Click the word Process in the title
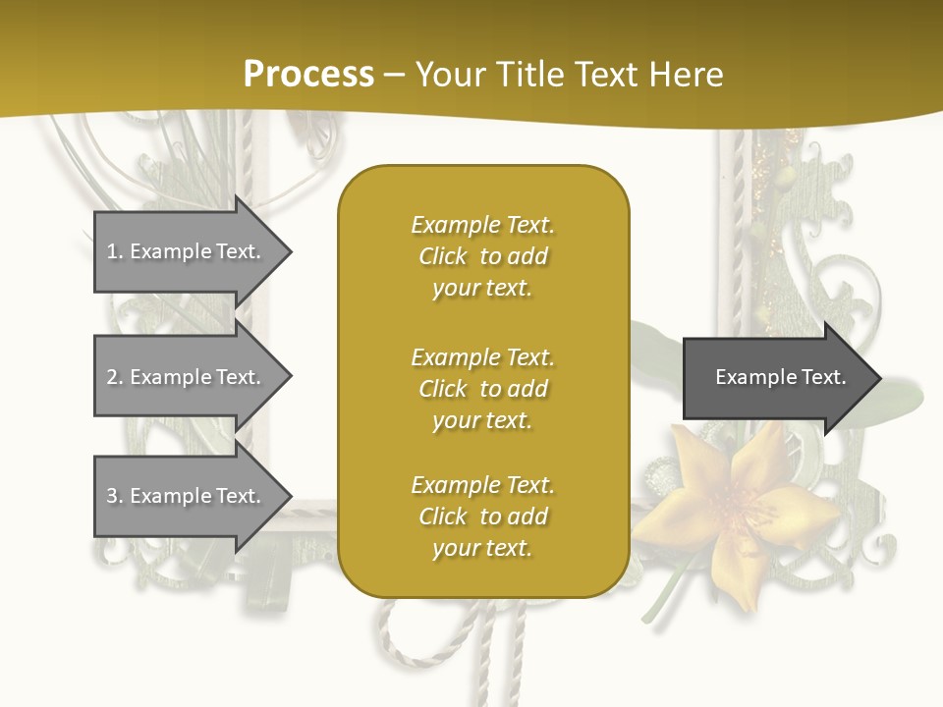pos(308,74)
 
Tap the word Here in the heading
pos(686,74)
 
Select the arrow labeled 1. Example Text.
pos(187,251)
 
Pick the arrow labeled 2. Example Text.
pos(187,377)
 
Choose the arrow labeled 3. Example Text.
pos(187,496)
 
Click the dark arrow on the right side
pos(776,378)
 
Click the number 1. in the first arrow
pos(115,252)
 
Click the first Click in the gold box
pos(443,257)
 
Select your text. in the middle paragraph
pos(482,420)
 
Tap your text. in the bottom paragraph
pos(482,549)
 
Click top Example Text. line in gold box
pos(482,226)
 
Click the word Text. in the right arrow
pos(823,377)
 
